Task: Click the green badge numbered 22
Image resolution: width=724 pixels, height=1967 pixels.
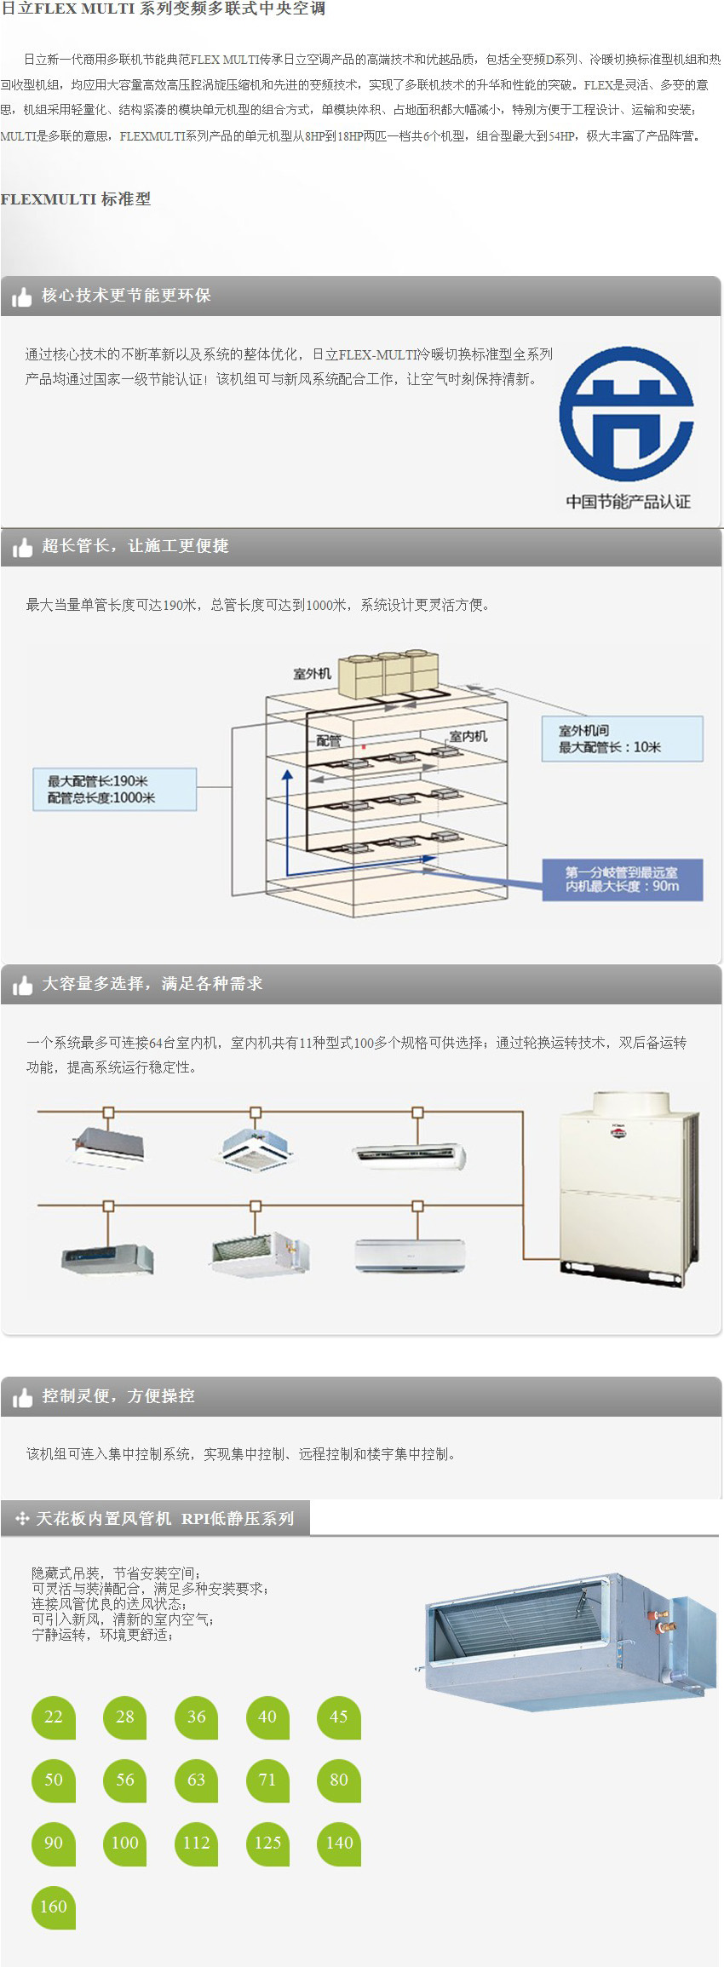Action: coord(54,1717)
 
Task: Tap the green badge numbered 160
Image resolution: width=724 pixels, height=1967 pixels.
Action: coord(54,1907)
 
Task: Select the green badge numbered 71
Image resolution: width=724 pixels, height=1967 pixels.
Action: coord(267,1780)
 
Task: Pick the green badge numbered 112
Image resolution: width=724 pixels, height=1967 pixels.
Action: coord(196,1843)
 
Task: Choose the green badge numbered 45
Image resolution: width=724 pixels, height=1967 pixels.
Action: coord(339,1717)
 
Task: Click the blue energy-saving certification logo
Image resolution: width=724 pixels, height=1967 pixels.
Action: coord(627,414)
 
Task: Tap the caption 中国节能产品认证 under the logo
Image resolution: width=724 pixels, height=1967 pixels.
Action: coord(628,502)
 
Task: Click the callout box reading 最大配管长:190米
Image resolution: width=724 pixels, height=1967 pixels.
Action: coord(115,789)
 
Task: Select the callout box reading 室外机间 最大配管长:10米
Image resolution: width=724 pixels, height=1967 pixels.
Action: coord(622,739)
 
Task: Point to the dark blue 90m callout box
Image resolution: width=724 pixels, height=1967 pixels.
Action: coord(622,879)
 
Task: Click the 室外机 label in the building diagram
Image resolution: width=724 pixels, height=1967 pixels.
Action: coord(313,674)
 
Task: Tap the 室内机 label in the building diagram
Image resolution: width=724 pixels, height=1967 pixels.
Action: coord(468,736)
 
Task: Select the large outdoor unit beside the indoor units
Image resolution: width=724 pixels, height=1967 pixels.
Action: coord(629,1188)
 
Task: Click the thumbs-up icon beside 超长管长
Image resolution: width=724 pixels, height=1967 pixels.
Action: coord(22,547)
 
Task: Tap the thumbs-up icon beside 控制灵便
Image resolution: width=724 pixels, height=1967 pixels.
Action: coord(22,1397)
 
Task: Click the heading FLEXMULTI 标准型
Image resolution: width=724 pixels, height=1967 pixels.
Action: coord(76,199)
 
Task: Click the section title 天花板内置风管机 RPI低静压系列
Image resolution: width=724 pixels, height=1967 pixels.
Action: coord(164,1518)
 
